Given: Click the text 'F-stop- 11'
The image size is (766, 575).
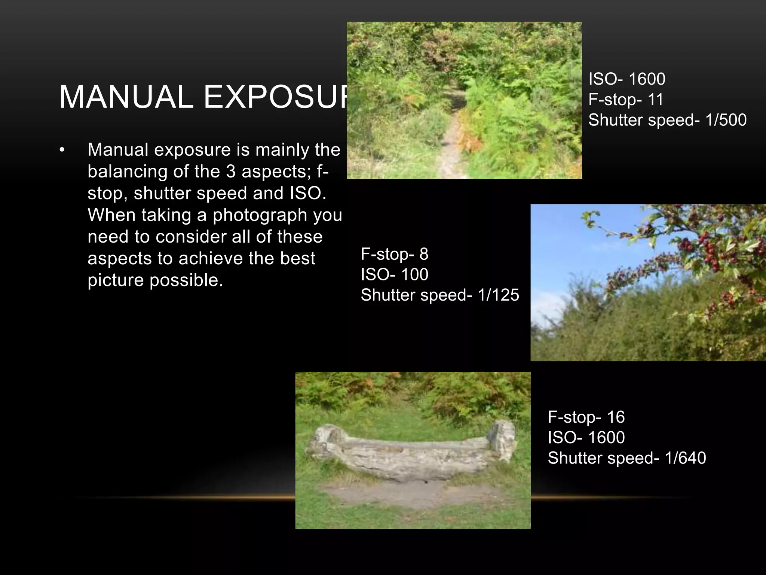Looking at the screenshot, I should pos(626,100).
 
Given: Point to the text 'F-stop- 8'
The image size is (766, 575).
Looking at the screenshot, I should pos(394,254).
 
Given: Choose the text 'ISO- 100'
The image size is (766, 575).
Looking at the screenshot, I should pos(394,275).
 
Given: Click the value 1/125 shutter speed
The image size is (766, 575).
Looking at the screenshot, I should pos(498,295).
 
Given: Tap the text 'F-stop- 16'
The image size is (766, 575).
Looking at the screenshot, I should pos(586,417).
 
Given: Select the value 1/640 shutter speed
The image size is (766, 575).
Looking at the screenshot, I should pos(685,458).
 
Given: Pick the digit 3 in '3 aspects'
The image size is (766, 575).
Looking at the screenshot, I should pos(231,172).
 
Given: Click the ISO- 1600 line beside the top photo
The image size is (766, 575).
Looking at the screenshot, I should pos(626,79).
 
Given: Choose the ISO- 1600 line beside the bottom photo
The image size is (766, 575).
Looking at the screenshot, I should pos(586,438).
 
